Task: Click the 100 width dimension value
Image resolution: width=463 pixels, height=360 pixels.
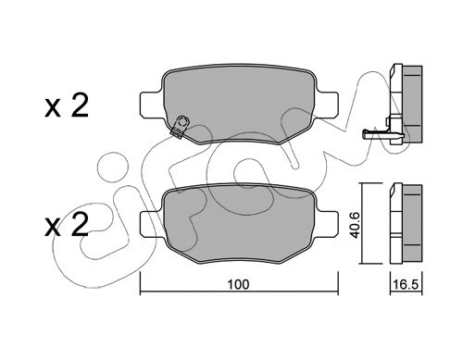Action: (238, 284)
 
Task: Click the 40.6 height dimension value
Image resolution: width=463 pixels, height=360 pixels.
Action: (356, 223)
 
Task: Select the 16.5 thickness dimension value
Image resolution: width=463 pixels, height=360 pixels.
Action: (407, 285)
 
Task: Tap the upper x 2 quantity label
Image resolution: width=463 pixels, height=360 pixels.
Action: (67, 106)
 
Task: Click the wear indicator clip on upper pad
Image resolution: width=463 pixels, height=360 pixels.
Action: (180, 127)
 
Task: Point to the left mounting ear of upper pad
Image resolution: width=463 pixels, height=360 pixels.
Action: (151, 105)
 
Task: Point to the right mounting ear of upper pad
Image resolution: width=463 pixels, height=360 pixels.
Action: (327, 105)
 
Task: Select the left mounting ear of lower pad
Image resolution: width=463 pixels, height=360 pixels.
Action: (151, 224)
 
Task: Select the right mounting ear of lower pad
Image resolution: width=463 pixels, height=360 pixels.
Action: (327, 224)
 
